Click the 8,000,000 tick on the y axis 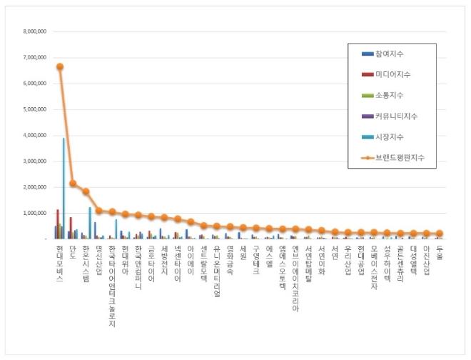click(x=34, y=31)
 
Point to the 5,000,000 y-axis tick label click(x=34, y=109)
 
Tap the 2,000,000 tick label click(x=34, y=187)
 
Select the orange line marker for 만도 click(x=73, y=183)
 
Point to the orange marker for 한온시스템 click(x=86, y=191)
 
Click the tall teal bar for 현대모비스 click(x=64, y=189)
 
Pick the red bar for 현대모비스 click(x=58, y=224)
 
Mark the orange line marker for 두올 click(x=440, y=234)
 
